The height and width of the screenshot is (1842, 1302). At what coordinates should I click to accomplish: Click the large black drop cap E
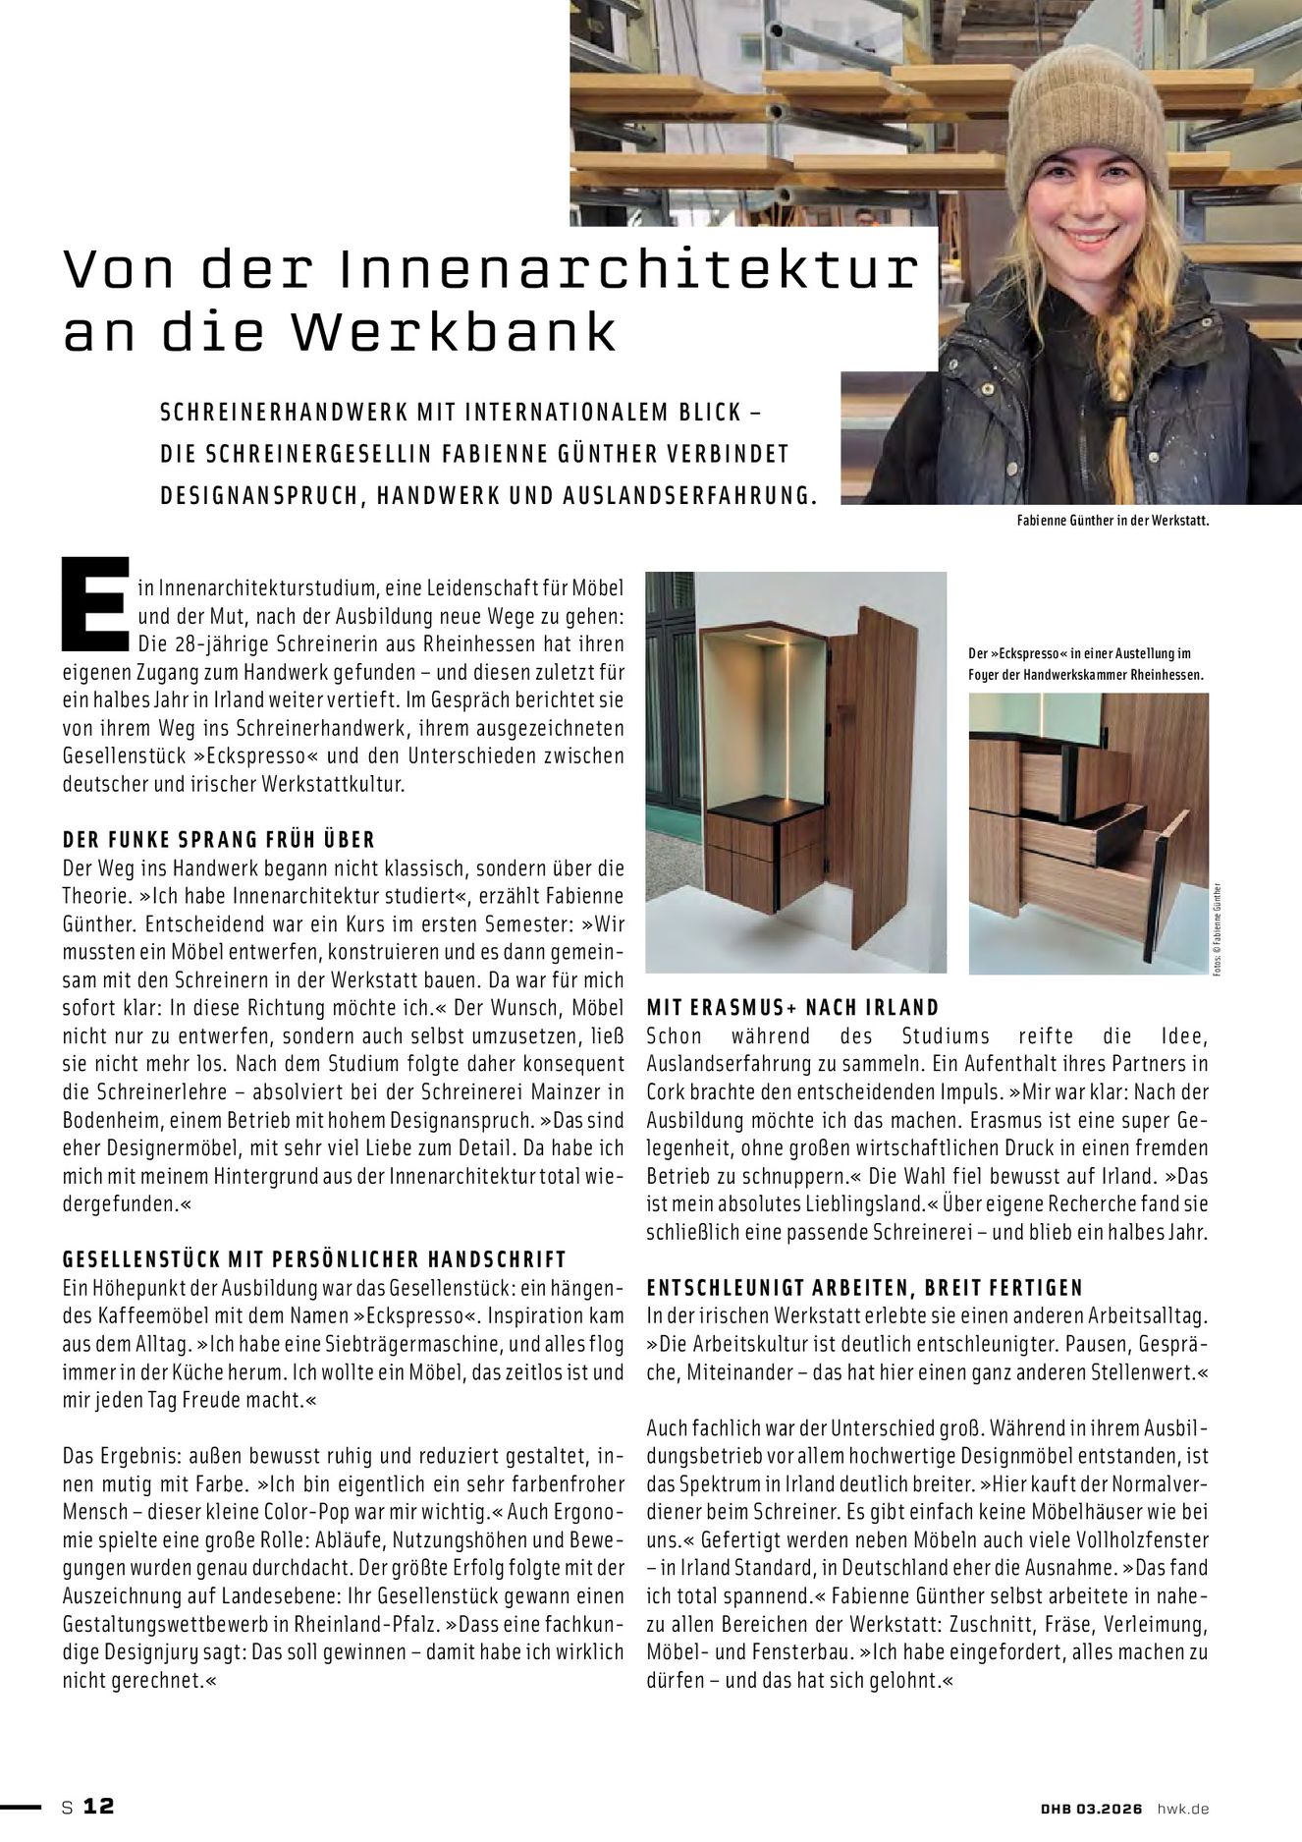(93, 606)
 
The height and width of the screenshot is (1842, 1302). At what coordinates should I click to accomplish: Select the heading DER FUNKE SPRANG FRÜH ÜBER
(218, 840)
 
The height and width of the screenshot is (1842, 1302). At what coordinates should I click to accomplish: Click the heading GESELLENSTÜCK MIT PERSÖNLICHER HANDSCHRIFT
(313, 1258)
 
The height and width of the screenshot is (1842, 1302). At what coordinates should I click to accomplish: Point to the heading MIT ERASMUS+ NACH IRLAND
(792, 1007)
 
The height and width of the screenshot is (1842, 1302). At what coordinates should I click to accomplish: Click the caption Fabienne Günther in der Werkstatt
(1112, 522)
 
